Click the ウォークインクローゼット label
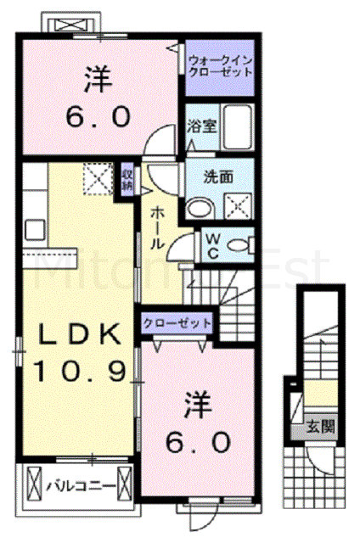(x=221, y=66)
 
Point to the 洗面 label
(x=214, y=177)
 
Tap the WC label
(x=210, y=244)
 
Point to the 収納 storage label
(x=127, y=179)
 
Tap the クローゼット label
(x=177, y=323)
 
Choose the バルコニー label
(x=76, y=487)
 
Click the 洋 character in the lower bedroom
(x=194, y=406)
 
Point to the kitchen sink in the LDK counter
(x=36, y=230)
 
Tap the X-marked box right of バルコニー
(x=124, y=486)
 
